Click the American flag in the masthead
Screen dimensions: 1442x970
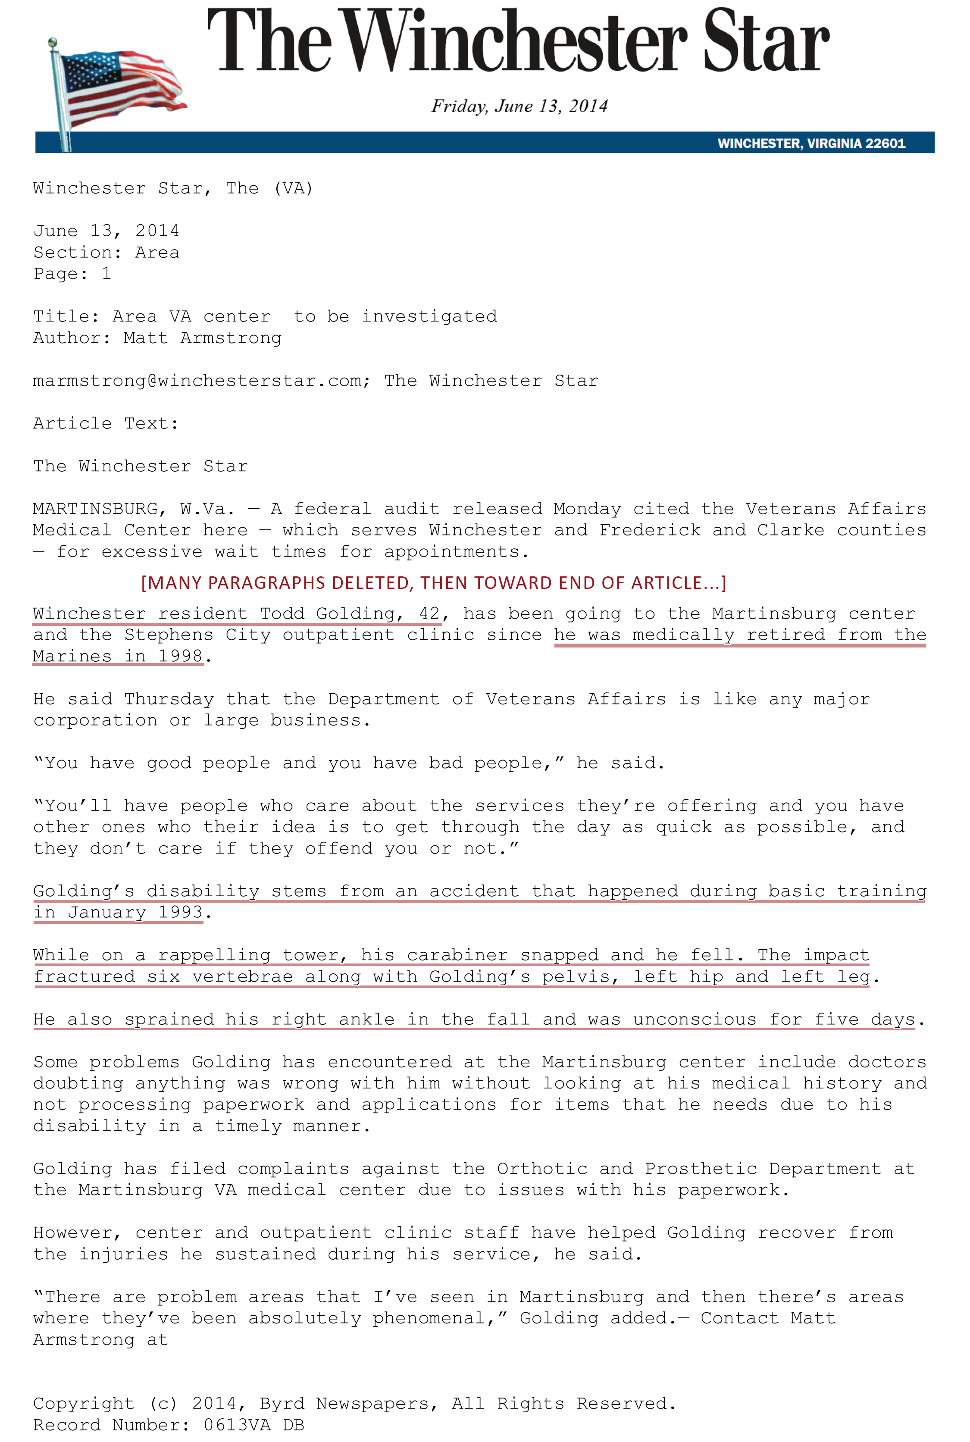tap(118, 87)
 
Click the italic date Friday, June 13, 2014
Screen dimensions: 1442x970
tap(519, 106)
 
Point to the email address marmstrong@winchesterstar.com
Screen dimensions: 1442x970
tap(201, 381)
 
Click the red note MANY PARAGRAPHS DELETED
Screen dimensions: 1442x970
tap(433, 583)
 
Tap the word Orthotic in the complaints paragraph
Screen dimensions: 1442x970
tap(542, 1169)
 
